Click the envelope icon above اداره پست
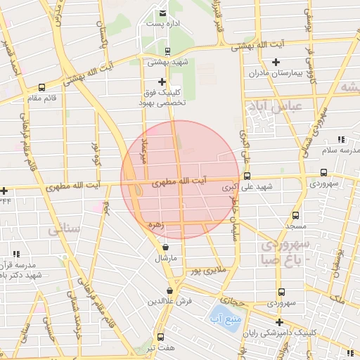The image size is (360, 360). (162, 13)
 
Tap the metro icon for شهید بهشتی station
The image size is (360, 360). (167, 51)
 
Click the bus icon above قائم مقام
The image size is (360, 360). (42, 88)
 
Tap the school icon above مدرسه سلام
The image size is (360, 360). (341, 140)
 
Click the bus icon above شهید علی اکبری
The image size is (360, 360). (246, 176)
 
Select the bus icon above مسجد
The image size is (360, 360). (296, 216)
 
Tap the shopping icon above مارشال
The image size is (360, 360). (165, 247)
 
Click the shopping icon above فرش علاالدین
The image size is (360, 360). (170, 290)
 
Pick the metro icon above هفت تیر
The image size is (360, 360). (161, 337)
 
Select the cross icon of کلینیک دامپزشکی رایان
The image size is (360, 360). (279, 322)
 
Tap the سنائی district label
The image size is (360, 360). (63, 230)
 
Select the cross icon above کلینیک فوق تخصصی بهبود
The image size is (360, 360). (162, 82)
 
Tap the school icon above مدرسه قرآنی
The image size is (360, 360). (16, 254)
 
